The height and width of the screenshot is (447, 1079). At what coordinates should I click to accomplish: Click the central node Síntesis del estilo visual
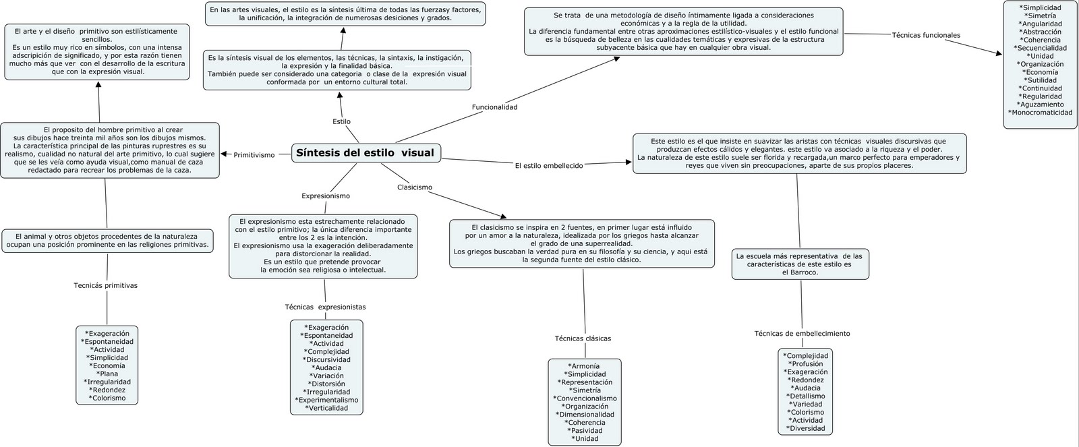pyautogui.click(x=365, y=153)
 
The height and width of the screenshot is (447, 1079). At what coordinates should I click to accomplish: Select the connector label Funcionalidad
pyautogui.click(x=494, y=107)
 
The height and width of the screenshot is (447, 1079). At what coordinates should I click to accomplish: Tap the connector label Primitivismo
pyautogui.click(x=254, y=155)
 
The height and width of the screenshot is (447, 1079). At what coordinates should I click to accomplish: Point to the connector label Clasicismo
pyautogui.click(x=415, y=187)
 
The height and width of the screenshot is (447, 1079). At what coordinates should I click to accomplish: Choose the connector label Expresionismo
pyautogui.click(x=326, y=196)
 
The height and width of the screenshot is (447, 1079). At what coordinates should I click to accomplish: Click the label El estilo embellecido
pyautogui.click(x=548, y=165)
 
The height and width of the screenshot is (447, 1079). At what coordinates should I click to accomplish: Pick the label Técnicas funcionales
pyautogui.click(x=926, y=35)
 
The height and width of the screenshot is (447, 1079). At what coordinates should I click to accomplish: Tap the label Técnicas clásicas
pyautogui.click(x=583, y=338)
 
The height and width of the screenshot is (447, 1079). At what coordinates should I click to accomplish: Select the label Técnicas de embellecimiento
pyautogui.click(x=802, y=334)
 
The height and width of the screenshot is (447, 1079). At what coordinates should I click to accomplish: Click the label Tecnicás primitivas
pyautogui.click(x=105, y=286)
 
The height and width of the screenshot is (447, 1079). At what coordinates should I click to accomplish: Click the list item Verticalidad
pyautogui.click(x=328, y=408)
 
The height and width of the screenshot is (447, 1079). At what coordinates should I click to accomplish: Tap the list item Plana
pyautogui.click(x=108, y=374)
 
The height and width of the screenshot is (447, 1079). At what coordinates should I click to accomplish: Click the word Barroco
pyautogui.click(x=806, y=272)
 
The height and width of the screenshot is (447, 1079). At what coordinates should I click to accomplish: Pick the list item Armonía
pyautogui.click(x=585, y=366)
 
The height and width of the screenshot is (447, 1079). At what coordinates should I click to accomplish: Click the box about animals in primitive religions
pyautogui.click(x=107, y=241)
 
